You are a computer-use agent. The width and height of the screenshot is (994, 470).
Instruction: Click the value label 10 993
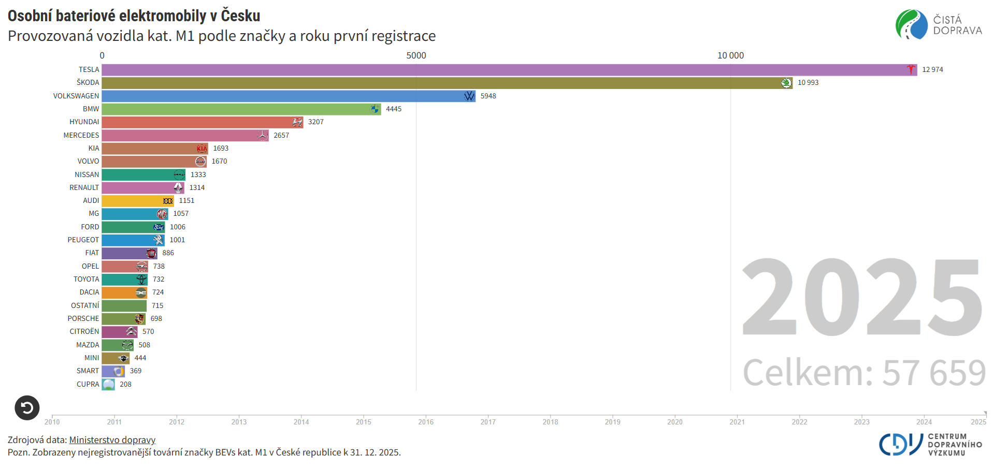(x=808, y=83)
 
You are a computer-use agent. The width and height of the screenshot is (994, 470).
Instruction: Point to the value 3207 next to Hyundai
(x=315, y=122)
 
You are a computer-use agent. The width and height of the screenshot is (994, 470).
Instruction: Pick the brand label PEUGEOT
(x=83, y=240)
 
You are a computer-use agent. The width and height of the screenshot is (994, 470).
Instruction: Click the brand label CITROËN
(x=84, y=332)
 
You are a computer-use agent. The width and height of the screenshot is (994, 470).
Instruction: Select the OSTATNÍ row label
(x=85, y=306)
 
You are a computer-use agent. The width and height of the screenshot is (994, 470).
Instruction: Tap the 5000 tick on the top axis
(x=416, y=56)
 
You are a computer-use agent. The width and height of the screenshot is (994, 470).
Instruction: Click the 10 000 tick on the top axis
(x=730, y=56)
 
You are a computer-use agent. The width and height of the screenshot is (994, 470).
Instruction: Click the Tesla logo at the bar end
(x=911, y=70)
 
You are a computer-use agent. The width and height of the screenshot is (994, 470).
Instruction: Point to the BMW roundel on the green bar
(x=374, y=109)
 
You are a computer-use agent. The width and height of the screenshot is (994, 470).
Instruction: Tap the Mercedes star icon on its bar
(x=263, y=136)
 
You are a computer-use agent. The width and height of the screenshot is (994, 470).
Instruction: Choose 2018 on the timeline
(x=550, y=422)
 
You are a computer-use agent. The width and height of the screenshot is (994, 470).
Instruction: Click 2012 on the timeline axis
(x=177, y=422)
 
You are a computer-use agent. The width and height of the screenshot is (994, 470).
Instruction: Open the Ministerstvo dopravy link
(x=112, y=440)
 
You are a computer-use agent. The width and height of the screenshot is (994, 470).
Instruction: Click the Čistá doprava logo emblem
(x=912, y=24)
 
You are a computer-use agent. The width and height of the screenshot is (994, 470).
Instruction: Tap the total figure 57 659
(x=933, y=373)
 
